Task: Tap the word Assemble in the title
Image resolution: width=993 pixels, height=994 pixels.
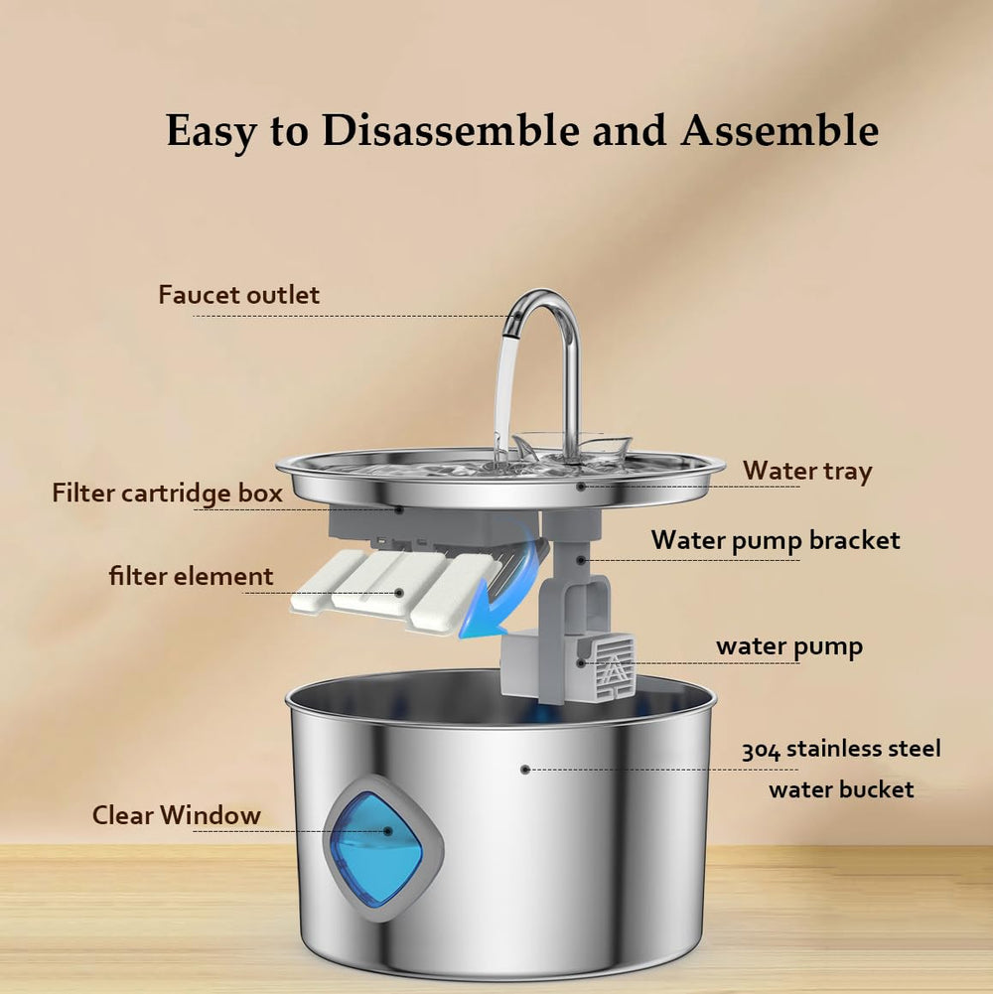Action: [x=780, y=131]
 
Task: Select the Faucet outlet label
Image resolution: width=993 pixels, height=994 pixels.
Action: [x=239, y=295]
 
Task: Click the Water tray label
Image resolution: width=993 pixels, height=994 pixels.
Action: [x=807, y=470]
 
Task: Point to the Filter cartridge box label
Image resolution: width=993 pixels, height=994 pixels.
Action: [x=167, y=493]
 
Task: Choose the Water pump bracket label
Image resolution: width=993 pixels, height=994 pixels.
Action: [x=776, y=540]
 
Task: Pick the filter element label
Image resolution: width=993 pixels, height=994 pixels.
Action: [x=191, y=576]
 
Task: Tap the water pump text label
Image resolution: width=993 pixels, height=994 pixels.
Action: [x=789, y=647]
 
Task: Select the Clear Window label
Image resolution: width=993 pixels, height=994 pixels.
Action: [x=177, y=815]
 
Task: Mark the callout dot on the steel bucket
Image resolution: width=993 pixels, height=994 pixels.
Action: [x=525, y=770]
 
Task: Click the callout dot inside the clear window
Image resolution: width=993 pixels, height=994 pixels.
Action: [x=387, y=831]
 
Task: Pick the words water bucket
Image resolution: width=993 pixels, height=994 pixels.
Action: [x=841, y=790]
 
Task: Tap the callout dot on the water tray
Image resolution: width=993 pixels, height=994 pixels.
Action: [x=581, y=486]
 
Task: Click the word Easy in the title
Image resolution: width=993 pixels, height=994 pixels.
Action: [x=213, y=131]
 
